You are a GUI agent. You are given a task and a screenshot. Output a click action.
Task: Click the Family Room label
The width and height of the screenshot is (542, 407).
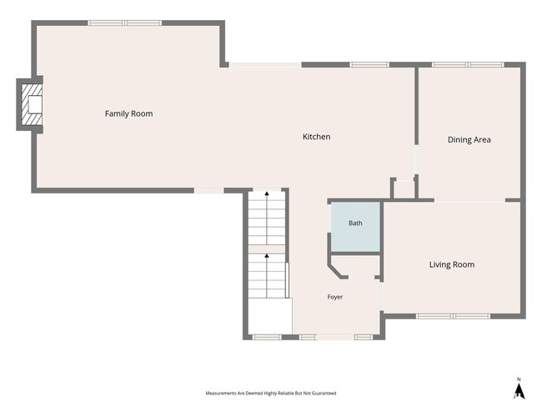pos(128,113)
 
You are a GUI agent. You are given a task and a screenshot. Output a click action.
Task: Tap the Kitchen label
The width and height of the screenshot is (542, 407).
pos(316,137)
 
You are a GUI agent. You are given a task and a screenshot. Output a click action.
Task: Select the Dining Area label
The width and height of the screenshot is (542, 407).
pos(469,139)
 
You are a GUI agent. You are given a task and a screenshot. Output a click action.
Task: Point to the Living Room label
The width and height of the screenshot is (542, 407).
pos(452,264)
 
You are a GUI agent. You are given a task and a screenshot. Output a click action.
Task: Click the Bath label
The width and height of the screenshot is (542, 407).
pos(355,223)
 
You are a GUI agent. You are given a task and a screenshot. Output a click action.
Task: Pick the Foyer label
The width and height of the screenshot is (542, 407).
pos(335,297)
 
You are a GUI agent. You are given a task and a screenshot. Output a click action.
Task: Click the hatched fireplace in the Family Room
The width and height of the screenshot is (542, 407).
pos(32,104)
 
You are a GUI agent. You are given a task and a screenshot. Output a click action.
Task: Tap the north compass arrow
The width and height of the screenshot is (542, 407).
pos(519,390)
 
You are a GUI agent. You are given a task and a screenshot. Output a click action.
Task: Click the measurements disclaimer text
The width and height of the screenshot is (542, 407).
pos(271,393)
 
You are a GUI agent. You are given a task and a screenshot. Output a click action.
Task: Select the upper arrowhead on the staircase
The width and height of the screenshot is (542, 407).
pos(267,193)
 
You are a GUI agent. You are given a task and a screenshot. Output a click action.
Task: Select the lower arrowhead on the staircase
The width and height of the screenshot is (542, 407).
pos(267,255)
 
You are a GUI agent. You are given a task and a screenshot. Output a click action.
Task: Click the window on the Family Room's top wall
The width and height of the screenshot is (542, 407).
pos(124,23)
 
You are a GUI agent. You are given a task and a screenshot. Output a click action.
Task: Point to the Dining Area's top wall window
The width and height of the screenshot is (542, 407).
pos(468,64)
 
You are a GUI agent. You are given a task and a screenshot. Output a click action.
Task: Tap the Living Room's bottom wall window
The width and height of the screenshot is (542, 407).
pos(453,316)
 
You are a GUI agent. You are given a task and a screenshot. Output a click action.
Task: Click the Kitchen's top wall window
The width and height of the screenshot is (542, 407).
pos(369,64)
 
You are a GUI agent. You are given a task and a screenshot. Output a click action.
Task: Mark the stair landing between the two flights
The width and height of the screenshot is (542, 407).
pos(267,249)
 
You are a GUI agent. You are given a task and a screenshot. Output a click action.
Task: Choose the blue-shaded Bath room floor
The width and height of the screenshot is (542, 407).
pos(355,227)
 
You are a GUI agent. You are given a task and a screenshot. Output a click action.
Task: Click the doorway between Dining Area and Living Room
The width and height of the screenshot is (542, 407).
pos(469,200)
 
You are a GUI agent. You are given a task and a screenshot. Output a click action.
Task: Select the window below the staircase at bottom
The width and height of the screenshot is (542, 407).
pos(267,337)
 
